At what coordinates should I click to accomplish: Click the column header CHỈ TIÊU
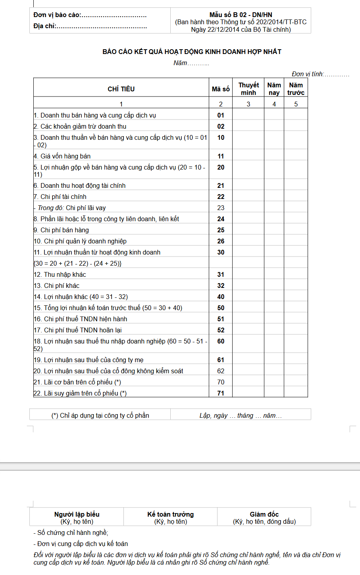pyautogui.click(x=121, y=89)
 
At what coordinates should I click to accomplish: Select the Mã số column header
pyautogui.click(x=221, y=89)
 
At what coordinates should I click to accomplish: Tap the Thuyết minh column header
pyautogui.click(x=248, y=89)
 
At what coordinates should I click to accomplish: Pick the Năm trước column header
pyautogui.click(x=296, y=89)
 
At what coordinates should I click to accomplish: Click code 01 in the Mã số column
pyautogui.click(x=221, y=115)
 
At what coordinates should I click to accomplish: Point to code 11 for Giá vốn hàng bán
pyautogui.click(x=221, y=156)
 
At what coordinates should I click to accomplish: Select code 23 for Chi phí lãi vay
pyautogui.click(x=221, y=208)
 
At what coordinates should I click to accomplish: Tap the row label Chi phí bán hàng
pyautogui.click(x=64, y=230)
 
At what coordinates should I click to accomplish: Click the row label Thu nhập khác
pyautogui.click(x=65, y=274)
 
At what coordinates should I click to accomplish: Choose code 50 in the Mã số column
pyautogui.click(x=221, y=308)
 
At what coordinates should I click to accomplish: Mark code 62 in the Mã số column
pyautogui.click(x=221, y=371)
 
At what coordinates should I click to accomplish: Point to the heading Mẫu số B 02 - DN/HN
pyautogui.click(x=241, y=15)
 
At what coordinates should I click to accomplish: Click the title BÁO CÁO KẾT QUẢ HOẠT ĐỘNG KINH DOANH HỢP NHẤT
pyautogui.click(x=192, y=52)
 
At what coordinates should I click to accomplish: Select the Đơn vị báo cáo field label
pyautogui.click(x=57, y=15)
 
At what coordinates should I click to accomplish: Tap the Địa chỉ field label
pyautogui.click(x=44, y=26)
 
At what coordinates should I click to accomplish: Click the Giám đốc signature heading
pyautogui.click(x=264, y=514)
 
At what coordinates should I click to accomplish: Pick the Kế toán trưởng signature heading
pyautogui.click(x=170, y=514)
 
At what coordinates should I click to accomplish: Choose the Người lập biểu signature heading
pyautogui.click(x=77, y=514)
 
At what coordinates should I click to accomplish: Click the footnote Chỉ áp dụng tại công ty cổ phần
pyautogui.click(x=100, y=415)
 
